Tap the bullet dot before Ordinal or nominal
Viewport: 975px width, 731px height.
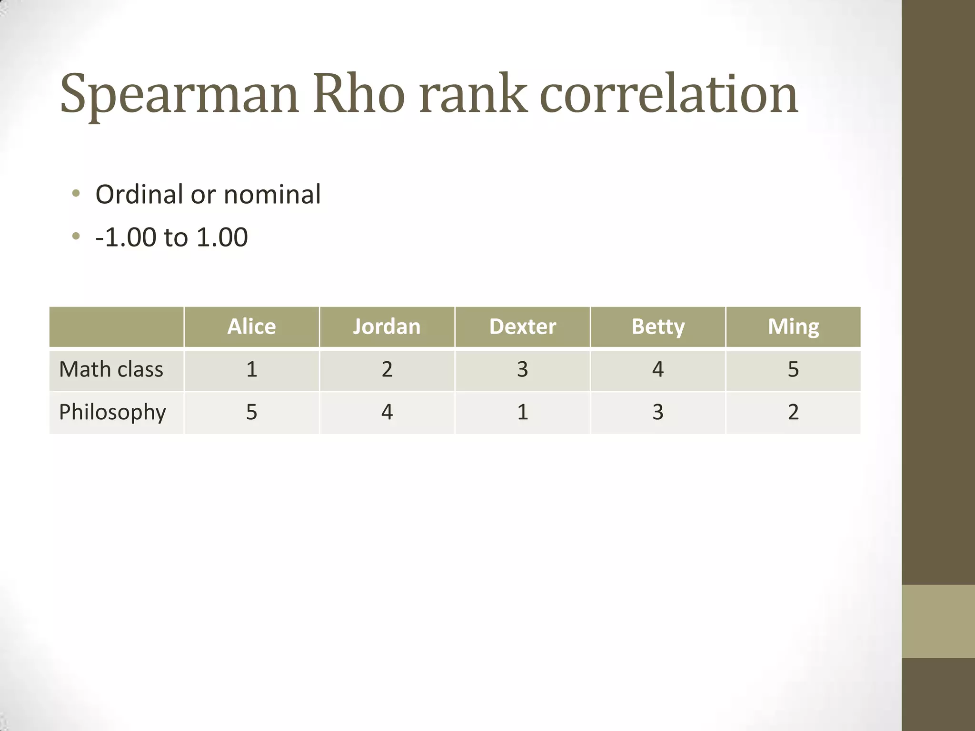click(76, 194)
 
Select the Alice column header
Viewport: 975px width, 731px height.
click(251, 327)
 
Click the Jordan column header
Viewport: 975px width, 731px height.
click(387, 327)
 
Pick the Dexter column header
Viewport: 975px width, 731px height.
click(522, 327)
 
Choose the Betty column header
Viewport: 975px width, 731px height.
click(658, 327)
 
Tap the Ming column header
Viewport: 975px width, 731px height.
click(793, 327)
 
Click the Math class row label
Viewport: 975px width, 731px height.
click(111, 369)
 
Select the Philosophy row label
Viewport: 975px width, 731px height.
click(112, 412)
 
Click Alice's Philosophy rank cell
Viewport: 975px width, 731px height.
click(251, 412)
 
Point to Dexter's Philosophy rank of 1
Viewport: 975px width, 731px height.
click(522, 412)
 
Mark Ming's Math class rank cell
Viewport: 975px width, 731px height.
click(793, 369)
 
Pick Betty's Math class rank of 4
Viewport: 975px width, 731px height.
click(658, 369)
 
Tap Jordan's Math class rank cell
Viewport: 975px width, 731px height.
click(387, 369)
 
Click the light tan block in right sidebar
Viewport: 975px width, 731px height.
click(938, 621)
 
